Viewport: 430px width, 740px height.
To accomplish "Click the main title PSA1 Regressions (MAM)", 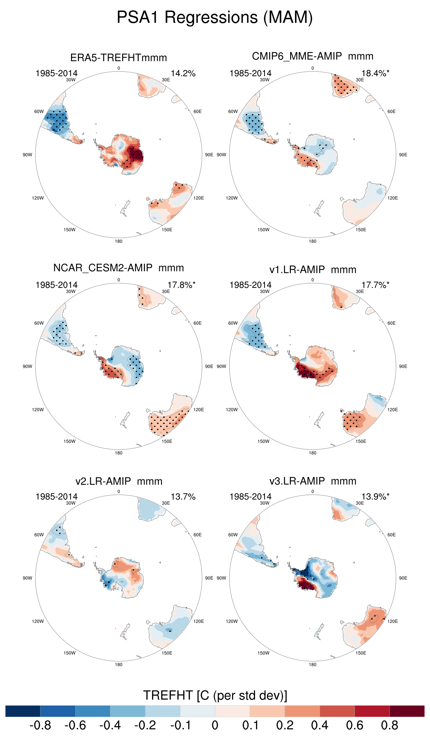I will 215,17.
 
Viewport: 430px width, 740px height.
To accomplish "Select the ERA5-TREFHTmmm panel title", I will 119,58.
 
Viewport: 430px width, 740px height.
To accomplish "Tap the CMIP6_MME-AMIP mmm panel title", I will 312,56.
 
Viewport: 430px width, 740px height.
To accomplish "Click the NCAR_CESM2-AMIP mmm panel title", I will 119,268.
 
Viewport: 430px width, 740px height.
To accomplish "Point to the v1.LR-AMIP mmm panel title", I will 312,270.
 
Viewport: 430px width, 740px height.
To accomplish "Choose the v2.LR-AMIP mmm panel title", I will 119,481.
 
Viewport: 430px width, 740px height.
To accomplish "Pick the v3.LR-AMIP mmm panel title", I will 312,481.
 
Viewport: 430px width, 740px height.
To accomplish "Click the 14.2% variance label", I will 183,73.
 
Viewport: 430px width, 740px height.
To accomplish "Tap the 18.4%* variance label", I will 375,73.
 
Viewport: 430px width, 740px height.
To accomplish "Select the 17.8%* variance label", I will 181,285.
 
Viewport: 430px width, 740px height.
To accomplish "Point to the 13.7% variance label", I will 183,497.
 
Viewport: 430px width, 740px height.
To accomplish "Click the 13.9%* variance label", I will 375,497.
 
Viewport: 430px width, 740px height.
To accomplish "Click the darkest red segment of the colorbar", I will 407,711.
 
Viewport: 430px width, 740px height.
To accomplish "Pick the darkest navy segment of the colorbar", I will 23,711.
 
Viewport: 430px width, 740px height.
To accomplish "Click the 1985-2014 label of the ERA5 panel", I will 56,73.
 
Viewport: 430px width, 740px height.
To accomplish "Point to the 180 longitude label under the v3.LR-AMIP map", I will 312,665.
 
